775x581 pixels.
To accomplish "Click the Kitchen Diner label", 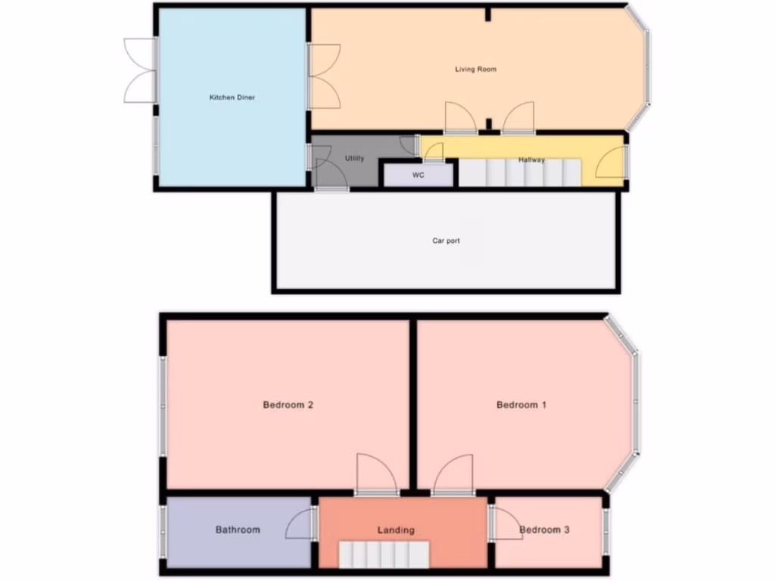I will click(x=232, y=98).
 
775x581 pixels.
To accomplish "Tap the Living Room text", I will click(x=475, y=70).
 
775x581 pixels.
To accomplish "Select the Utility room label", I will click(x=354, y=159).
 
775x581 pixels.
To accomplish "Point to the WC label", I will click(x=418, y=176).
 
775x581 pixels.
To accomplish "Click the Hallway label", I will click(x=531, y=160).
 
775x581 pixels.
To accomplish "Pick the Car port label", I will click(x=446, y=241).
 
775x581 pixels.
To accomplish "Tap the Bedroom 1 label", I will click(x=521, y=405).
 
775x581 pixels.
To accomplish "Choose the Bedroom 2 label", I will click(x=288, y=405).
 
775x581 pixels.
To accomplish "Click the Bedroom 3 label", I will click(x=545, y=530).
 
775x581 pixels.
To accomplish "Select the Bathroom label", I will click(x=238, y=530).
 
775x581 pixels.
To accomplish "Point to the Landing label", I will click(x=396, y=530).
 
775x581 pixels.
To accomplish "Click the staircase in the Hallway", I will click(x=519, y=173).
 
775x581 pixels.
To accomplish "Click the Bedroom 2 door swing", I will click(x=376, y=474).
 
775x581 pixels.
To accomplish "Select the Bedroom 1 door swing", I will click(x=454, y=474).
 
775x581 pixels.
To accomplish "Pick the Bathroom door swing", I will click(x=301, y=524).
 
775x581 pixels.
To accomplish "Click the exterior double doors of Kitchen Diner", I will click(x=141, y=70).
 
